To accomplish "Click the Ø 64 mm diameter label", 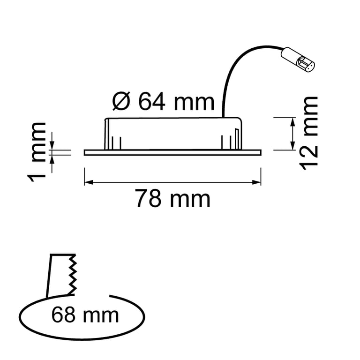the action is pos(163,102).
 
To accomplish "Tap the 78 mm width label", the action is pos(172,198).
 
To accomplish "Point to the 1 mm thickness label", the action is pos(37,152).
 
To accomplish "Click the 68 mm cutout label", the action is pos(85,315).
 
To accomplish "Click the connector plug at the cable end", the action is pos(298,60).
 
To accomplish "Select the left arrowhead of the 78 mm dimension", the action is pos(89,182).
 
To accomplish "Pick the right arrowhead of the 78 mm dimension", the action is pos(256,182).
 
